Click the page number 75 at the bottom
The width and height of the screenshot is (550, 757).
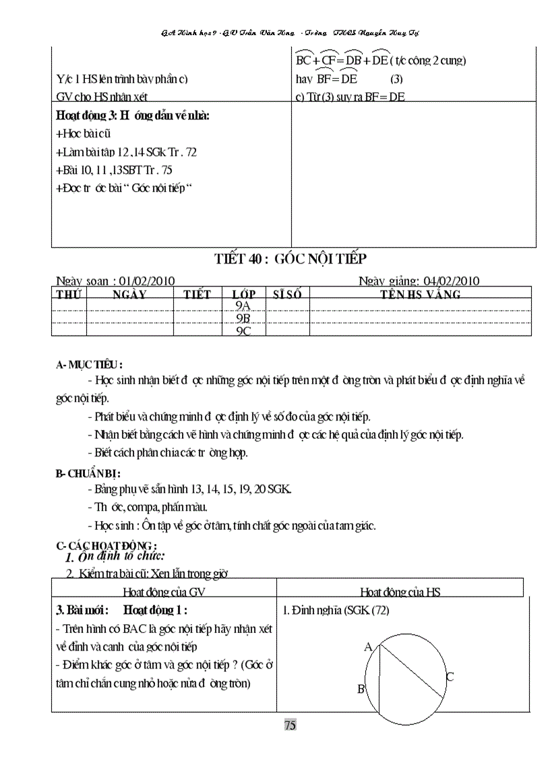(290, 725)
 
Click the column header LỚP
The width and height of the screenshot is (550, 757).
(243, 295)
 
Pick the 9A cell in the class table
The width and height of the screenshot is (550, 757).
(243, 305)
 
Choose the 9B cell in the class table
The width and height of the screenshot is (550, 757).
(243, 318)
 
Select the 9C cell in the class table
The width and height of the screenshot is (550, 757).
(243, 331)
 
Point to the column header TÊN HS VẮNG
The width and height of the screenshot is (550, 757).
(421, 295)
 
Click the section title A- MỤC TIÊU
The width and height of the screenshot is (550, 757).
(89, 365)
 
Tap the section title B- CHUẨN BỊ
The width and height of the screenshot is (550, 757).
(88, 474)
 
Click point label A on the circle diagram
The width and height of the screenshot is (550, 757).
(368, 647)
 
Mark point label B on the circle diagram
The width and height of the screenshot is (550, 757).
(361, 689)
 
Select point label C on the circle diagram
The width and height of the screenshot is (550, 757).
(450, 677)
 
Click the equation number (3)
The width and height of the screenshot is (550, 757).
(396, 79)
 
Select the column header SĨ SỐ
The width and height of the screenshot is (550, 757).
(287, 295)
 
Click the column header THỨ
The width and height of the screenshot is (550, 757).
(69, 295)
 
